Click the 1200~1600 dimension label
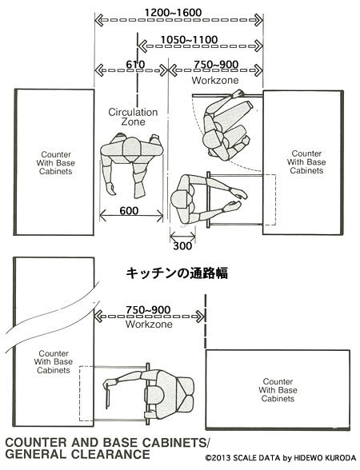173,13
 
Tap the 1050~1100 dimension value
190,40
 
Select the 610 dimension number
135,65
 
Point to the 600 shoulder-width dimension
129,211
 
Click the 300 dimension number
182,246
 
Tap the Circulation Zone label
133,117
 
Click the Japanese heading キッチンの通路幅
177,273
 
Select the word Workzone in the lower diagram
149,324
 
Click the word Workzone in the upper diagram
215,80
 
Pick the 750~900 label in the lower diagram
148,310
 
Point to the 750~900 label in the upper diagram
216,65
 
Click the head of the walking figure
132,148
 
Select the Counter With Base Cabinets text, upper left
56,163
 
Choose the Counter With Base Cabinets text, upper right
306,162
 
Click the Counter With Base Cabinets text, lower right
278,390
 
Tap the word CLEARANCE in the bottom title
110,454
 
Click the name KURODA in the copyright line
341,458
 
